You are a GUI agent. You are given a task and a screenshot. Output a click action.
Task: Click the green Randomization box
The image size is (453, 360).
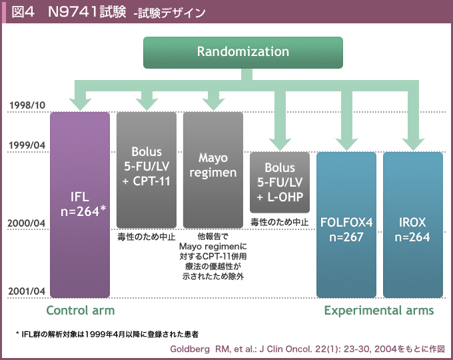click(243, 53)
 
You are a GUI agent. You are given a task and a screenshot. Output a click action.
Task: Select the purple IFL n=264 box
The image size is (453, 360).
click(80, 205)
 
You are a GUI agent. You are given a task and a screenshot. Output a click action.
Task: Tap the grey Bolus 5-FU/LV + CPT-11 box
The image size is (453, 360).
click(147, 170)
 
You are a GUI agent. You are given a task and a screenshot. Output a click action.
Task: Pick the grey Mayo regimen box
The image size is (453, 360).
click(213, 170)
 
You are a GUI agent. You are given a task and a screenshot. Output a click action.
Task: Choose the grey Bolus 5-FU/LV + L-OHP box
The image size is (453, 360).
click(280, 183)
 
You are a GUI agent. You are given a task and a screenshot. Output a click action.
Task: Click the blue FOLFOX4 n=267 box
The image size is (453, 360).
click(346, 225)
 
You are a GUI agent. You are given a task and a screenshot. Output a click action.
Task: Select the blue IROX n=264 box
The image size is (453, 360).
click(413, 225)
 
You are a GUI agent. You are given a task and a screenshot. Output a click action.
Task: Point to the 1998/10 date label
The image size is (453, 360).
click(27, 105)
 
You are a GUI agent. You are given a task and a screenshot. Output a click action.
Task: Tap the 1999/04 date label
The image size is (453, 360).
click(27, 145)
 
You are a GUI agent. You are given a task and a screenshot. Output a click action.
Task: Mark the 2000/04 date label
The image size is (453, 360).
click(27, 223)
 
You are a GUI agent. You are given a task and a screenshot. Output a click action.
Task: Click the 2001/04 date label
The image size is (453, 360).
click(27, 291)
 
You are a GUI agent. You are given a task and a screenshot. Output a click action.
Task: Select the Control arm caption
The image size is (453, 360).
click(81, 311)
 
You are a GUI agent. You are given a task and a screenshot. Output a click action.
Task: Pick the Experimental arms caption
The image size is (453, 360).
click(379, 311)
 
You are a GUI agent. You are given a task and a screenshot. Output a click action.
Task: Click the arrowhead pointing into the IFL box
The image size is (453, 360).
click(81, 104)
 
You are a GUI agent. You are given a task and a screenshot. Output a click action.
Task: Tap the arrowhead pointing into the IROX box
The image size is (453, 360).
click(413, 144)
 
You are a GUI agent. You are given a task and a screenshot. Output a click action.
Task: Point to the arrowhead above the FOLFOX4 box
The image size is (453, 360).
click(346, 144)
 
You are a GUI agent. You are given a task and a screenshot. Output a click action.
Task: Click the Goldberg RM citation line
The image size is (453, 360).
click(307, 349)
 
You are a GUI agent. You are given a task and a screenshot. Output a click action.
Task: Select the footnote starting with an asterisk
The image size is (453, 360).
click(107, 335)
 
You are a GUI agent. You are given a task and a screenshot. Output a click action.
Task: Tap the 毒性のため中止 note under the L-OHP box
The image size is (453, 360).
click(280, 222)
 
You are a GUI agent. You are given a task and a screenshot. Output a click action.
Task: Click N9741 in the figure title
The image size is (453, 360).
click(73, 12)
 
